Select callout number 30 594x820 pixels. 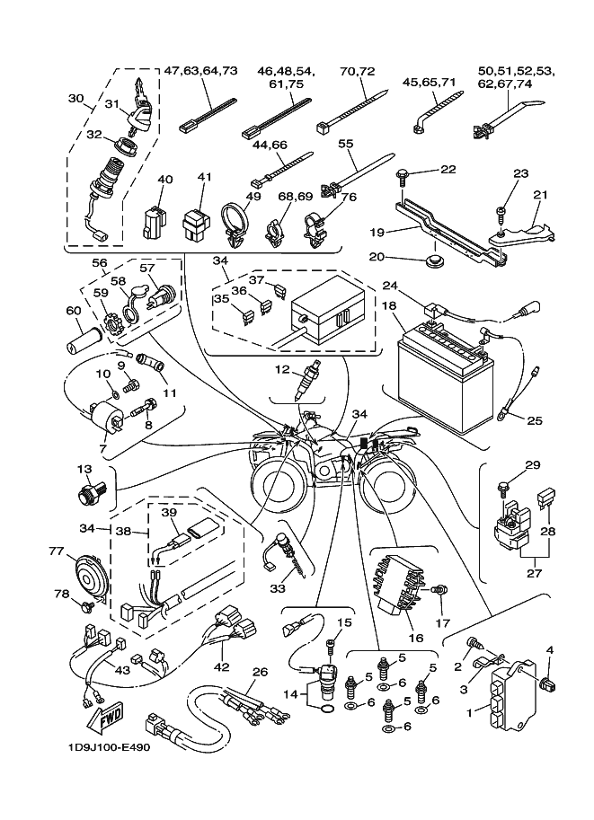[x=75, y=100]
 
